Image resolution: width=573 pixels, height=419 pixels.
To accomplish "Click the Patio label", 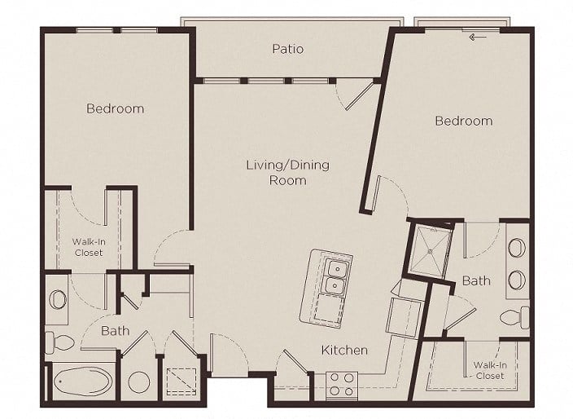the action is (287, 49).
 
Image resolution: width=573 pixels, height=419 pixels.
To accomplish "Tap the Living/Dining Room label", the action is (287, 172).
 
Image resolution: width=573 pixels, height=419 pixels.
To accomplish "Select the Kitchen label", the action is (344, 351).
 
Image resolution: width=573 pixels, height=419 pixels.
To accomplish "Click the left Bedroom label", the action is (115, 108).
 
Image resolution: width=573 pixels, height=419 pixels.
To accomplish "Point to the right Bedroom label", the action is (464, 121).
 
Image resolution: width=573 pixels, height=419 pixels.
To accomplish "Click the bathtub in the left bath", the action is (82, 382).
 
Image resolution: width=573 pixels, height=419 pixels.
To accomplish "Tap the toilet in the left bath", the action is (61, 342).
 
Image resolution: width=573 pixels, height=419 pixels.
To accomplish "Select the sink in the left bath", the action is (58, 299).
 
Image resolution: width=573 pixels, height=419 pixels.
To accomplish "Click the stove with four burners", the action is (341, 385).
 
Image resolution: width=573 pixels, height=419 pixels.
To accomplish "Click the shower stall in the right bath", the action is (430, 251).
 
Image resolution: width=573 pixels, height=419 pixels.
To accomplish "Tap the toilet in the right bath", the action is (514, 318).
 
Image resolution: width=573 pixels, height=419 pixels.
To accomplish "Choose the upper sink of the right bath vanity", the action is (517, 248).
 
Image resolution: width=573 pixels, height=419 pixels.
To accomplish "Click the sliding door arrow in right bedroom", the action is (478, 37).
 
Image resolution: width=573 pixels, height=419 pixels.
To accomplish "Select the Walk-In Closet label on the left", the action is (88, 247).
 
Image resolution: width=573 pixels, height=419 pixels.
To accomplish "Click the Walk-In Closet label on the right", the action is (490, 370).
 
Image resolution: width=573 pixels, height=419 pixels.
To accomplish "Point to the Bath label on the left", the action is (115, 331).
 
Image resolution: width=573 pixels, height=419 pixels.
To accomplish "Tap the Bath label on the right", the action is (476, 280).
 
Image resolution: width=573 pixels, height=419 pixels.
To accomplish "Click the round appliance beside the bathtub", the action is (139, 382).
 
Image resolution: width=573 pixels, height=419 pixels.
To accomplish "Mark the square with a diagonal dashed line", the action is (182, 382).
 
